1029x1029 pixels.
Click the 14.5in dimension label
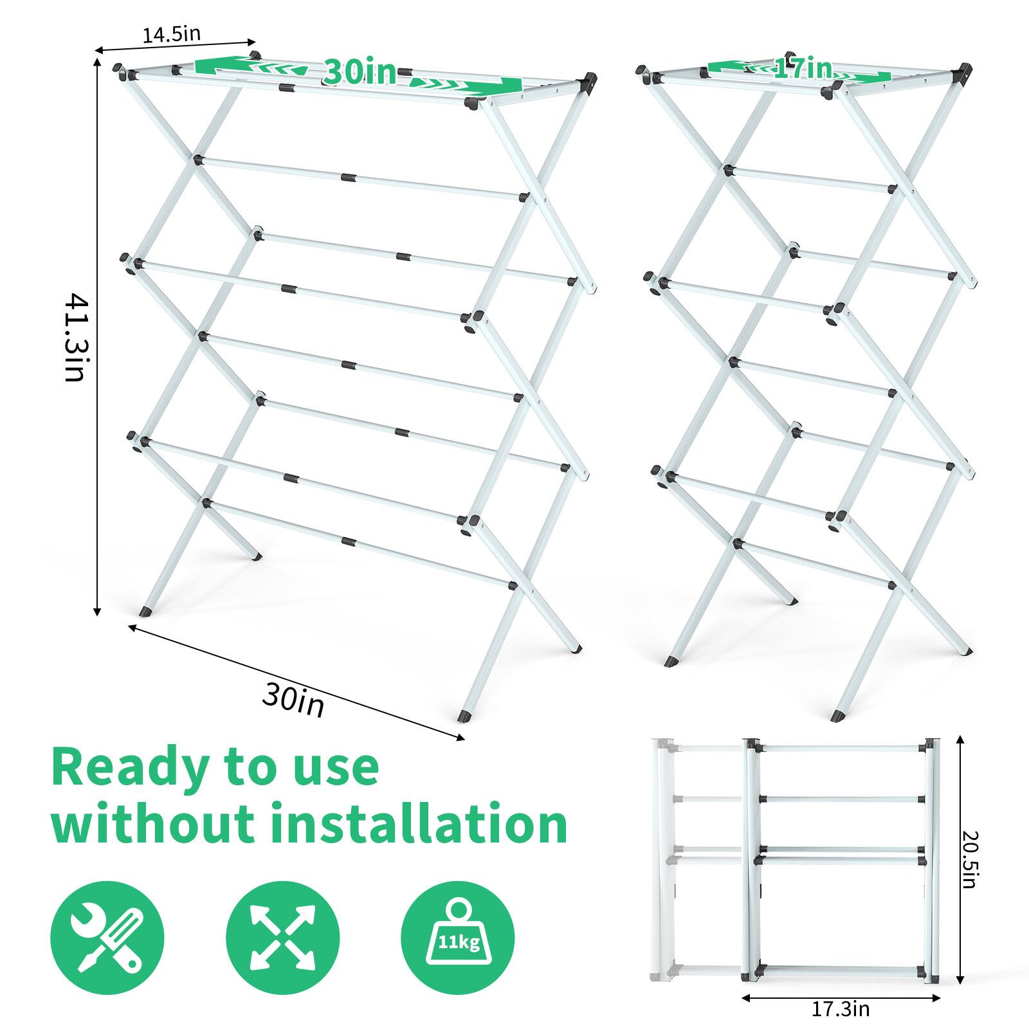pyautogui.click(x=171, y=34)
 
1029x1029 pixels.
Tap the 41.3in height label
pyautogui.click(x=76, y=337)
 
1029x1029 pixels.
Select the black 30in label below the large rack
pyautogui.click(x=293, y=701)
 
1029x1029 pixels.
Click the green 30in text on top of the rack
pyautogui.click(x=360, y=72)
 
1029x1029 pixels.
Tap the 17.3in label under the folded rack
pyautogui.click(x=840, y=1009)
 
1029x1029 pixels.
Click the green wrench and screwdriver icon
pyautogui.click(x=107, y=938)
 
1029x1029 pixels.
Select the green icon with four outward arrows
pyautogui.click(x=283, y=938)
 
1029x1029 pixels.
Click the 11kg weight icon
pyautogui.click(x=458, y=938)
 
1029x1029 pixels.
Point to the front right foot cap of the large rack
pyautogui.click(x=462, y=715)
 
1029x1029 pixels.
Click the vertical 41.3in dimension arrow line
pyautogui.click(x=97, y=450)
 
